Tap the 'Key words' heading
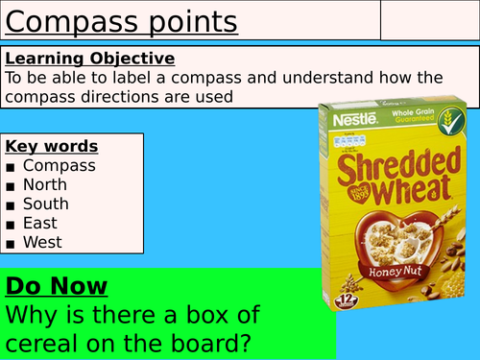tap(52, 146)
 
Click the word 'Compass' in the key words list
tap(60, 165)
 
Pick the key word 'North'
tap(46, 184)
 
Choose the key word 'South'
tap(46, 204)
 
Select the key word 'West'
tap(43, 242)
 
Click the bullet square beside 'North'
tap(11, 185)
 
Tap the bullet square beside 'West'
tap(11, 243)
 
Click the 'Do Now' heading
tap(57, 285)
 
